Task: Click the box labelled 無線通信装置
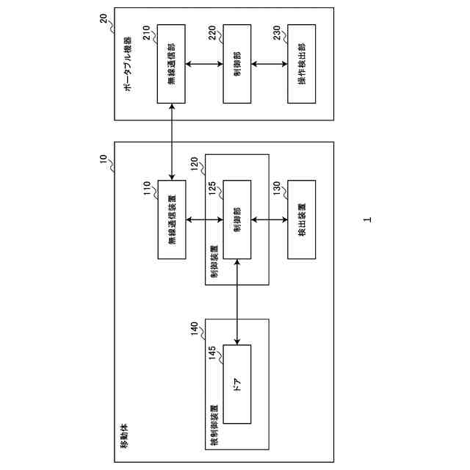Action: (170, 219)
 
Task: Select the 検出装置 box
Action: (301, 219)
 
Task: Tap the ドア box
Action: (236, 383)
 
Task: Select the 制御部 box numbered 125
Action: (236, 219)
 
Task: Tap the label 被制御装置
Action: (213, 424)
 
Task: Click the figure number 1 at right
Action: (369, 219)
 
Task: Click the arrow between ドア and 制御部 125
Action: (236, 301)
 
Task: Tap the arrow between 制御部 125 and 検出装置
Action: (269, 219)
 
